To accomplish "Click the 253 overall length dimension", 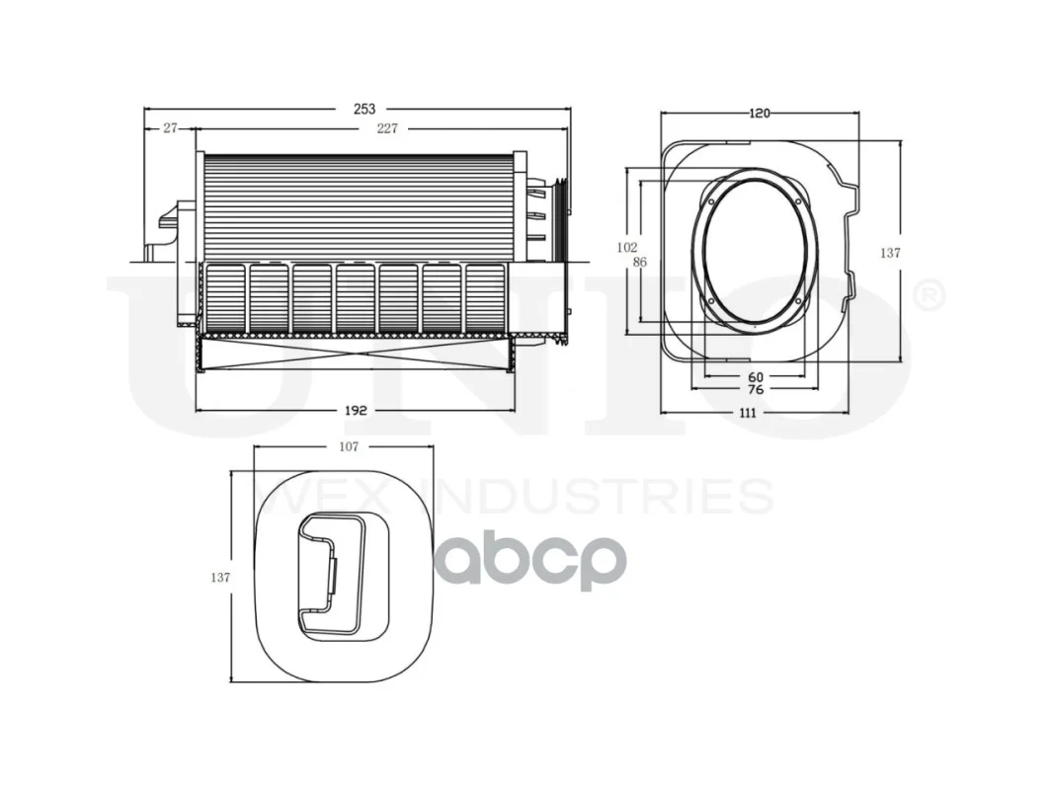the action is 364,109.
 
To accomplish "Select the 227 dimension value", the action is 387,128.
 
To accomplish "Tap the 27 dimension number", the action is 170,127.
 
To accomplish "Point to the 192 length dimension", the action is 356,410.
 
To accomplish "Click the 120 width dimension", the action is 759,114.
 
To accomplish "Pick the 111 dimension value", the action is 748,413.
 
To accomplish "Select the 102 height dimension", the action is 626,248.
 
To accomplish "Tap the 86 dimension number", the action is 639,263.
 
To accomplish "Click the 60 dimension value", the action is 755,377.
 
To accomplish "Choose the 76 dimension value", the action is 755,389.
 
